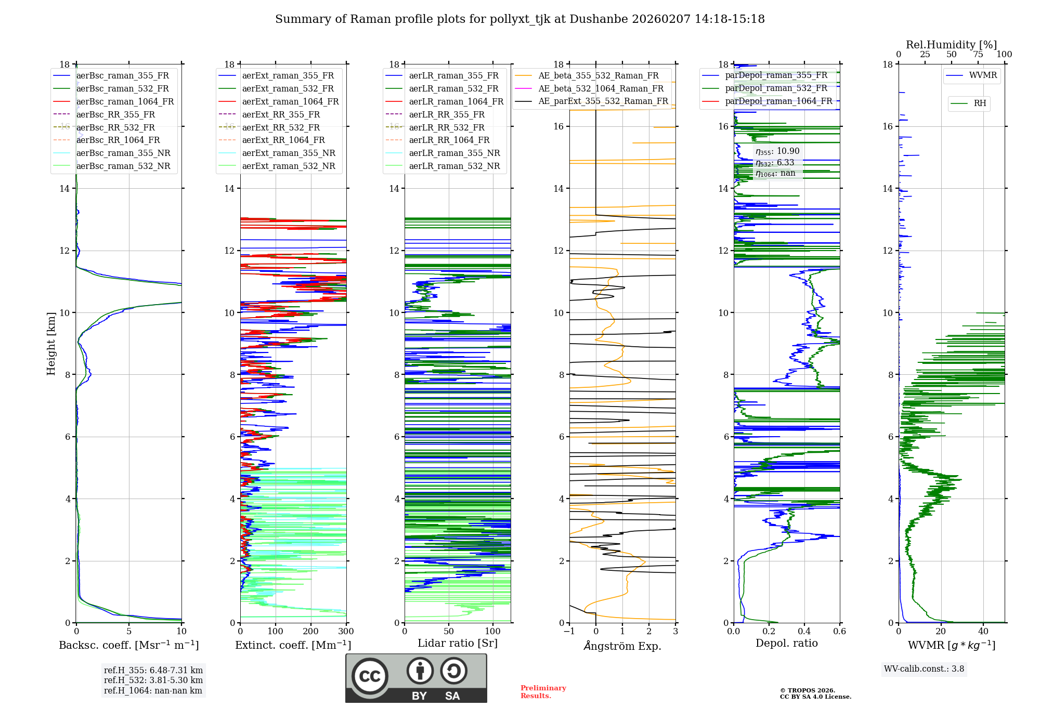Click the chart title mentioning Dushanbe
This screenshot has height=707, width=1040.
click(520, 19)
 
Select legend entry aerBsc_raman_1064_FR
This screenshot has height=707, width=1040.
click(125, 102)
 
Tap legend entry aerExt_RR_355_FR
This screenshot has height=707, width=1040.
click(281, 115)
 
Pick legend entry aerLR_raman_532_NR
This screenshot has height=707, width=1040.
click(454, 166)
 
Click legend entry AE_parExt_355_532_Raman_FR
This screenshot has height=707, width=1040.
click(603, 101)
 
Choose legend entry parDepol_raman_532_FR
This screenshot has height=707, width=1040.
click(776, 88)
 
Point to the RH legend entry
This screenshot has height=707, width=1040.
click(980, 103)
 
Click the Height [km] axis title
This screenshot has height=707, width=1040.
click(51, 343)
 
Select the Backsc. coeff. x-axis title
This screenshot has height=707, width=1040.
click(129, 645)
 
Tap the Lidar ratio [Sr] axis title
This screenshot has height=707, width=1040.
click(458, 643)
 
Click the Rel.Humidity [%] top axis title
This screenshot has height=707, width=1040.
click(951, 45)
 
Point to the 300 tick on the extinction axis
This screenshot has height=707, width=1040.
click(346, 632)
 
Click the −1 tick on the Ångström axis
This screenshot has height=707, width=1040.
click(569, 632)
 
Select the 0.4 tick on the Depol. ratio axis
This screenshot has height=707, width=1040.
click(804, 632)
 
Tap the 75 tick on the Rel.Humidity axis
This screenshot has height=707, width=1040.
click(978, 55)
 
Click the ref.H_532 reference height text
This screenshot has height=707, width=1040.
click(153, 680)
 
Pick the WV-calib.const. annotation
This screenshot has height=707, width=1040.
click(924, 669)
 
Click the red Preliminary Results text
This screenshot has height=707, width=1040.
click(543, 692)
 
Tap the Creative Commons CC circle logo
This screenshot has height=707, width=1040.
click(370, 676)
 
